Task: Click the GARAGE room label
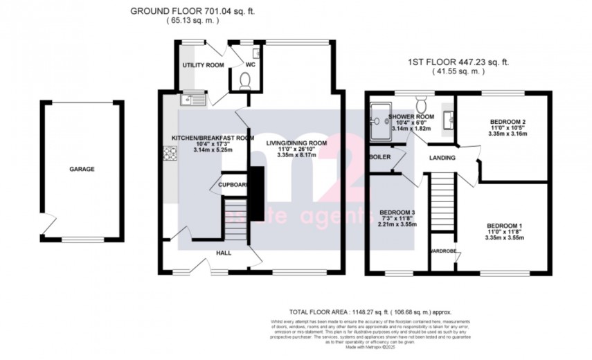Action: [x=82, y=169]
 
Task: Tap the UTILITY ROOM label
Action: [x=203, y=65]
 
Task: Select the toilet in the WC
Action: [x=244, y=82]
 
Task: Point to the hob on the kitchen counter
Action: [x=169, y=154]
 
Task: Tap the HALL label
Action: [x=224, y=253]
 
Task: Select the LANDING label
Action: [x=442, y=158]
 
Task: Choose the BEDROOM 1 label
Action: [x=506, y=226]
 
